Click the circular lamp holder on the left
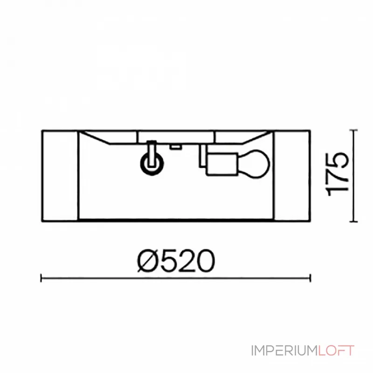152,164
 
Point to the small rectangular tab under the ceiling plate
175,146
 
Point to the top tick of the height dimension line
353,130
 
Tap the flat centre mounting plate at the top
176,136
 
